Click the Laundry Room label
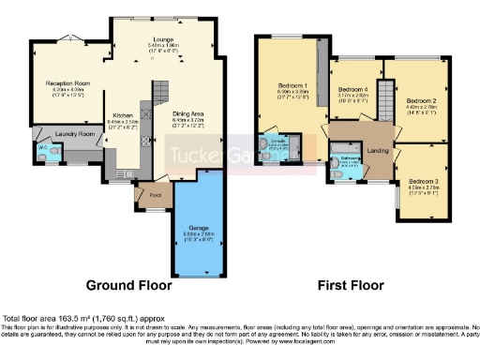75,134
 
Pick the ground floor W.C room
43,149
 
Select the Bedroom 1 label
292,86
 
